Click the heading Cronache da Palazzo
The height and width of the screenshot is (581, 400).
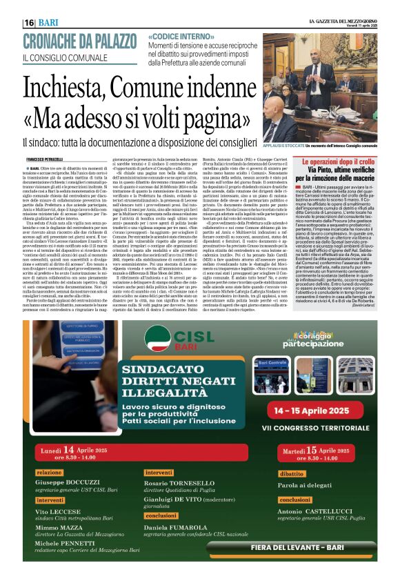(x=70, y=42)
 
